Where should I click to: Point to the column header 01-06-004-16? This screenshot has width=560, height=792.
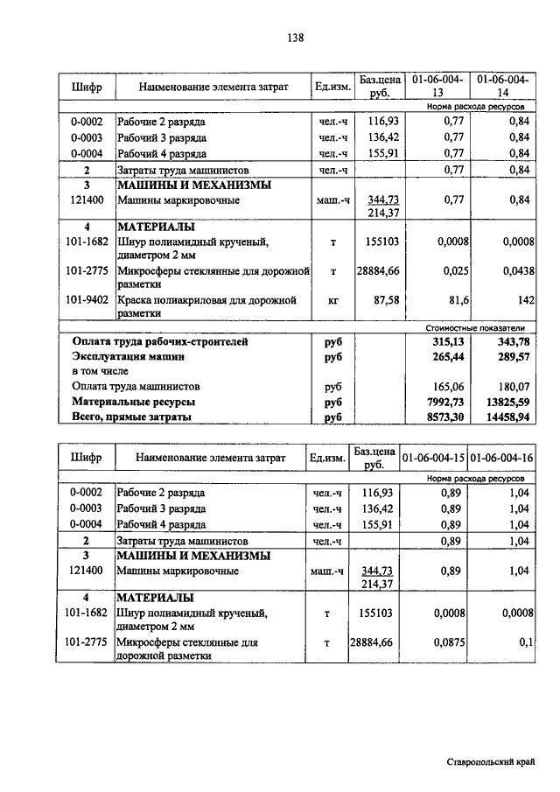pyautogui.click(x=502, y=457)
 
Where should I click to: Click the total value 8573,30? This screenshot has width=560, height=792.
pyautogui.click(x=443, y=418)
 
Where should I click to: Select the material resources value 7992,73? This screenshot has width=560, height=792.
pyautogui.click(x=443, y=402)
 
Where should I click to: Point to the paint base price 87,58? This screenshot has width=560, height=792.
pyautogui.click(x=385, y=300)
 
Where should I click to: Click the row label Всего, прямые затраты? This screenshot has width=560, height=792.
pyautogui.click(x=132, y=418)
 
